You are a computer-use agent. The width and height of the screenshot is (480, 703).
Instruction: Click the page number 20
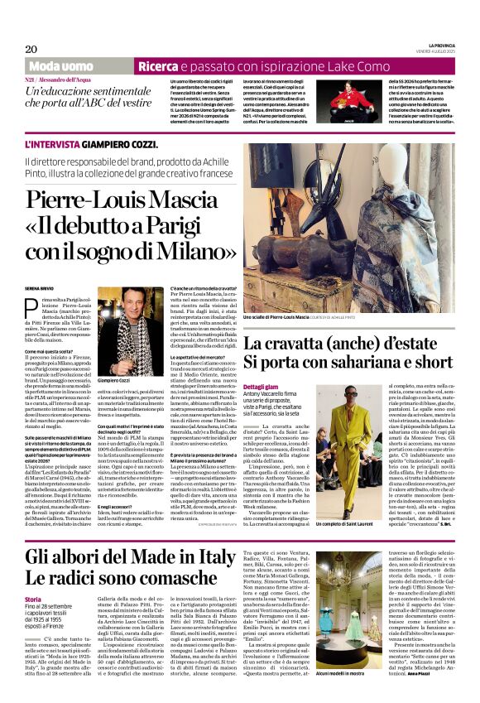pyautogui.click(x=31, y=49)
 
